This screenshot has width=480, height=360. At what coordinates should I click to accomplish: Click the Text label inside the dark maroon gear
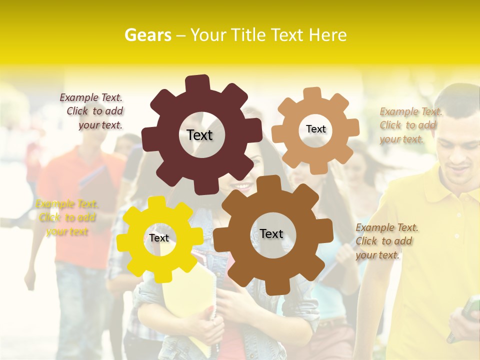point(199,135)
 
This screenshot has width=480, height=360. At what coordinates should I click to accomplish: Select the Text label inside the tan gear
point(315,129)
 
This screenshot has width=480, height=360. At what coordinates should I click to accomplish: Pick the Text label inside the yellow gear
point(159,238)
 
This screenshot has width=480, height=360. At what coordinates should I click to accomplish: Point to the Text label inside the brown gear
point(271,233)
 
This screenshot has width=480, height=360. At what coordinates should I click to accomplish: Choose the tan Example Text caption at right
point(410,125)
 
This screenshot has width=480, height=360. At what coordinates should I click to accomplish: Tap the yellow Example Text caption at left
point(66,217)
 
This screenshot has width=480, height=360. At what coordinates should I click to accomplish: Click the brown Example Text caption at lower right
point(386,241)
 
